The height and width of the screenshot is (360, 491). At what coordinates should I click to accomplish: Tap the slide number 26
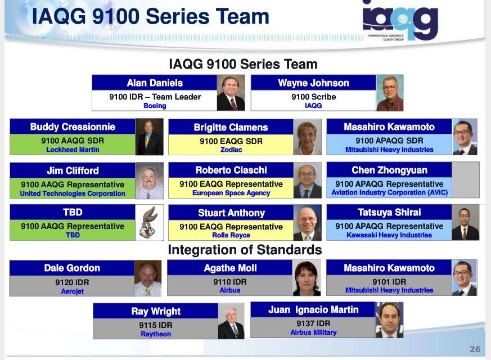coord(475,349)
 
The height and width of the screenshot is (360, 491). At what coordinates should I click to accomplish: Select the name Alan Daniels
coord(155,83)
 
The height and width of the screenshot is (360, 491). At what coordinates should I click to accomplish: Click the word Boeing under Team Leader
coord(155,106)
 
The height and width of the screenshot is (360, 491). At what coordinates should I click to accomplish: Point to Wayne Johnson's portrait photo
coord(390,93)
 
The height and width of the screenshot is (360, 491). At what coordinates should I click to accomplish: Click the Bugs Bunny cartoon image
coord(150,222)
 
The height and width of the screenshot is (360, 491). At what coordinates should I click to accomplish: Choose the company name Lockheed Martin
coord(73,150)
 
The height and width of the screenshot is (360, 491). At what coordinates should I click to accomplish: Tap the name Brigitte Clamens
coord(231,128)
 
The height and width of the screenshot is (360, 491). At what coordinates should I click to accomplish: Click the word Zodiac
coord(231,150)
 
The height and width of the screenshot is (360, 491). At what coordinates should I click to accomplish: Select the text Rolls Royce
coord(231,235)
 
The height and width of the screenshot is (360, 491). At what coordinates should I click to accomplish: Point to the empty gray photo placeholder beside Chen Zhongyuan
coord(465,179)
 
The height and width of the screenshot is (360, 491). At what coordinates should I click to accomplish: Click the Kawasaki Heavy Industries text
coord(389,235)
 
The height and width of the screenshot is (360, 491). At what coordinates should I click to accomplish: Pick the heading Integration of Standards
coord(245,250)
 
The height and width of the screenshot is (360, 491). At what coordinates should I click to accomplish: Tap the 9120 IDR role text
coord(72,282)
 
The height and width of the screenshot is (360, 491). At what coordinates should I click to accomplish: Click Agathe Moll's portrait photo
coord(307,278)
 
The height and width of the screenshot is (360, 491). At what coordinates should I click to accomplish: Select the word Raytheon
coord(156,334)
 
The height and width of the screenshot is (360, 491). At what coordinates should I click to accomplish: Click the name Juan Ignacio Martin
coord(313,310)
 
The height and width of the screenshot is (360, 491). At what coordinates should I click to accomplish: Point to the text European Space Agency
coord(231,193)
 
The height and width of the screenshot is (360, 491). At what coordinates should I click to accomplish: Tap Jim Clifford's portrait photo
coord(150,181)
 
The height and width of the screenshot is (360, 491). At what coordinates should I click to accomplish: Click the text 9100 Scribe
coord(313,97)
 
